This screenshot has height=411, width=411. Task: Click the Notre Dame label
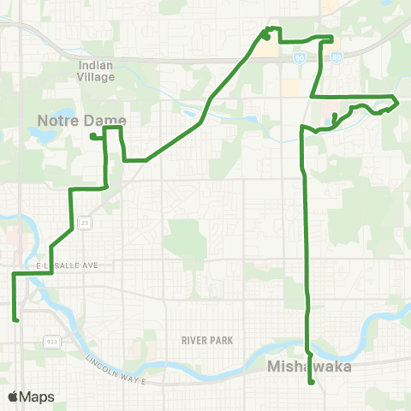(x=82, y=119)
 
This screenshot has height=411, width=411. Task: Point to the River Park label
(x=207, y=340)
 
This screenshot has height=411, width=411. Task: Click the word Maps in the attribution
(x=36, y=396)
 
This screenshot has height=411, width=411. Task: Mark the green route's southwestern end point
(x=16, y=319)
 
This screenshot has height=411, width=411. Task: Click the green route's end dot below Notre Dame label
(x=92, y=135)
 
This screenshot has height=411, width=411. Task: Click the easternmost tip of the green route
(x=398, y=101)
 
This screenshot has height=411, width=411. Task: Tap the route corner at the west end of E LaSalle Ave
(x=14, y=274)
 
